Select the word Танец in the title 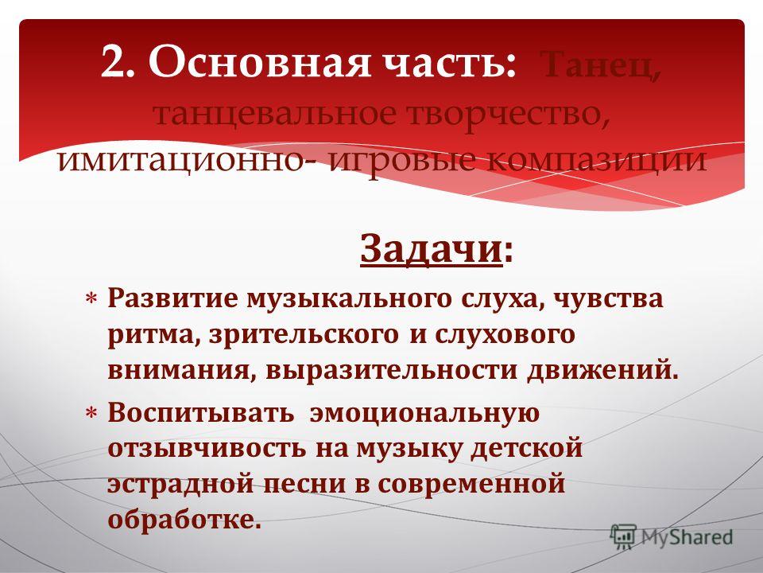click(601, 64)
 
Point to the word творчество click(507, 115)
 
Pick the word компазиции click(596, 161)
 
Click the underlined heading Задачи click(431, 249)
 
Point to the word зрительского click(303, 336)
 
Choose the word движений click(602, 371)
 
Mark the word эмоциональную click(424, 413)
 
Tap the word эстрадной click(180, 485)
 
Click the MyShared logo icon click(623, 536)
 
